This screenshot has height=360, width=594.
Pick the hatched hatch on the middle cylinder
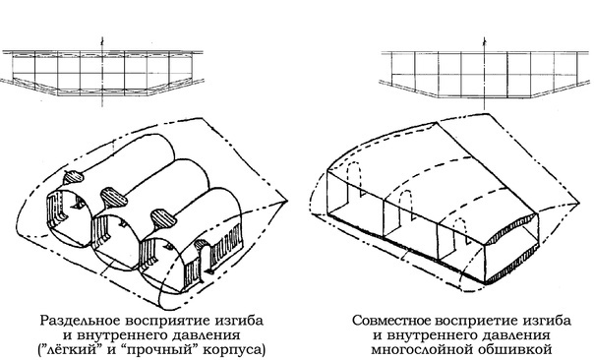pos(111,192)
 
